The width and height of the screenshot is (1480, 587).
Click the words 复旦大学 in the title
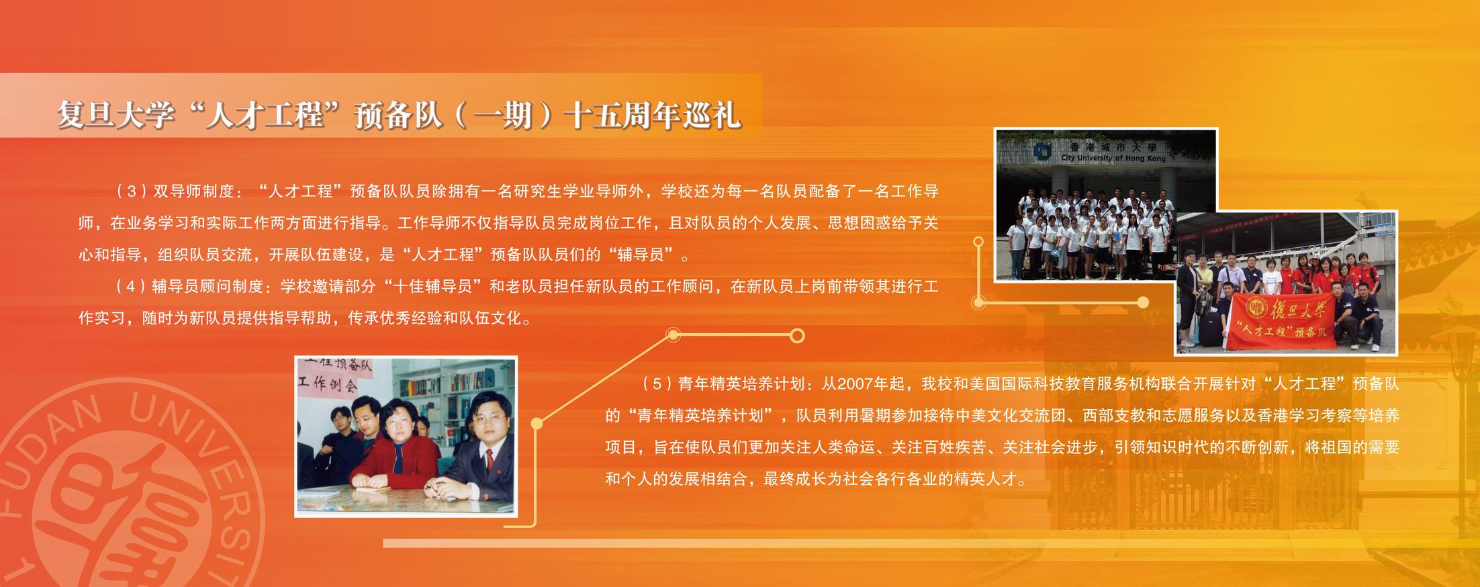coord(115,115)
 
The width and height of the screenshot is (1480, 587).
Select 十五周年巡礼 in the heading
coord(651,115)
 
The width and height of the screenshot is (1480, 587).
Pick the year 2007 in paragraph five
coord(855,384)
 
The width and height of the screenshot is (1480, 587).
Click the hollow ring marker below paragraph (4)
coord(797,336)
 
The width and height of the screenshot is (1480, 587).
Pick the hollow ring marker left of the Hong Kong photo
coord(978,241)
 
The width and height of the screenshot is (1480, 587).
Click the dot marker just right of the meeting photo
coord(537,423)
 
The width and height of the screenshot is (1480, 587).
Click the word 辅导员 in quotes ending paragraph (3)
coord(641,255)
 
